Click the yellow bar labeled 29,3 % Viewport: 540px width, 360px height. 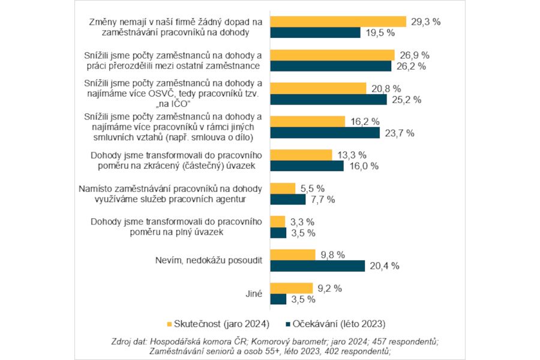338,22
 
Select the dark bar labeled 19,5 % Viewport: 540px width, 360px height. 315,33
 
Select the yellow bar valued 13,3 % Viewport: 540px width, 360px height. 301,155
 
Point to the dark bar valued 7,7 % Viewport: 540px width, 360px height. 288,199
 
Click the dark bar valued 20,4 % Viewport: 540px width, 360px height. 317,266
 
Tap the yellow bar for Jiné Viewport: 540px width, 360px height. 291,288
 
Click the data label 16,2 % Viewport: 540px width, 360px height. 365,121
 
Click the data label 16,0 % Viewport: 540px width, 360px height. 363,166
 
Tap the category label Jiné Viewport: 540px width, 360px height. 253,293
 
